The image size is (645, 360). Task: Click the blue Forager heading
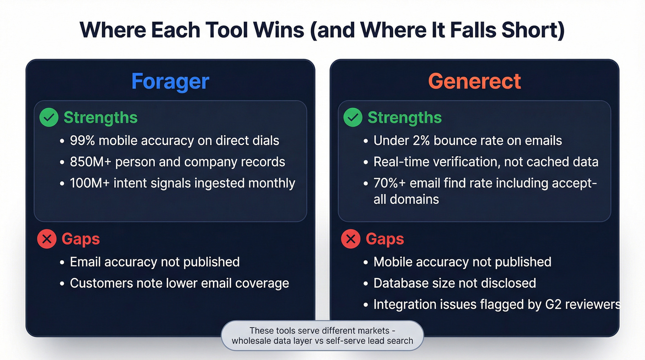click(170, 81)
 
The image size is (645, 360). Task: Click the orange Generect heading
click(475, 81)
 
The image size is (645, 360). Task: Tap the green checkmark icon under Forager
click(49, 118)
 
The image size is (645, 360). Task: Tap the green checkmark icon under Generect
click(353, 118)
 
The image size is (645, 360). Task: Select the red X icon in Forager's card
click(47, 239)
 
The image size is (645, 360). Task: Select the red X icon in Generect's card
click(351, 239)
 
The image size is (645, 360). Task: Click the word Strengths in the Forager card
click(100, 118)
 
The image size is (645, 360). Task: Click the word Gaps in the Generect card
click(385, 239)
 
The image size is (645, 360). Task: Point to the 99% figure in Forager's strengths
click(82, 141)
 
